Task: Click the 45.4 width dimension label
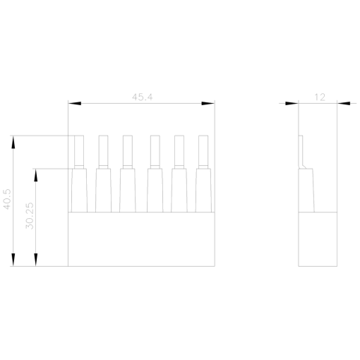pyautogui.click(x=142, y=97)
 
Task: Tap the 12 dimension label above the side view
pyautogui.click(x=320, y=97)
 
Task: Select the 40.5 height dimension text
pyautogui.click(x=7, y=199)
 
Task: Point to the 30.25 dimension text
pyautogui.click(x=30, y=216)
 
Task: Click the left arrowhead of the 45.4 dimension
pyautogui.click(x=75, y=103)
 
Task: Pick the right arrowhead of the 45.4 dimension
pyautogui.click(x=208, y=103)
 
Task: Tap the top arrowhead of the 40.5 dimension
pyautogui.click(x=13, y=142)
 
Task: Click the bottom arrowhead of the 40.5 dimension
pyautogui.click(x=13, y=260)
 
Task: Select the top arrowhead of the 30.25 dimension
pyautogui.click(x=36, y=175)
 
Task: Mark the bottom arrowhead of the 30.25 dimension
pyautogui.click(x=36, y=260)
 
